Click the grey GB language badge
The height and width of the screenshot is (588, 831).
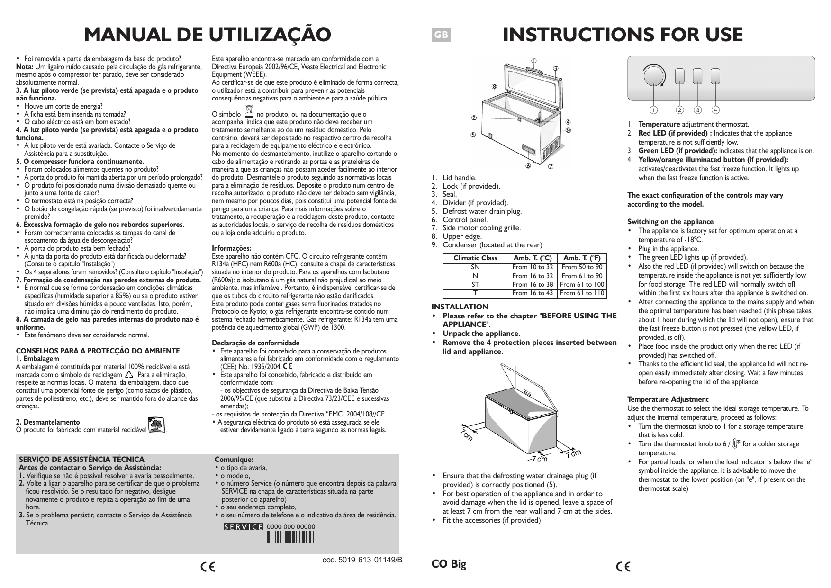[441, 35]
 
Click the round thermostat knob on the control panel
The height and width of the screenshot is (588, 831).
[655, 76]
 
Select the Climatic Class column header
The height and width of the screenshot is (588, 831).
[475, 258]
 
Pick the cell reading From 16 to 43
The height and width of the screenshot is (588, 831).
[533, 293]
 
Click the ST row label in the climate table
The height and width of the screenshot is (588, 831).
[475, 284]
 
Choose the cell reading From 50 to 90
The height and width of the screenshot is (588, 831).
[582, 267]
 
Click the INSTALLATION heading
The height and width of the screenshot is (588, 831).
[460, 307]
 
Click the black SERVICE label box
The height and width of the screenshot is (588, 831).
[244, 527]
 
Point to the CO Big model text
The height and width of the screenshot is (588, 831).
[449, 564]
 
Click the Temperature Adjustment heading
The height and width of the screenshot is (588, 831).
[668, 399]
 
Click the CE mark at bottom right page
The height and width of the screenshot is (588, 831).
[623, 567]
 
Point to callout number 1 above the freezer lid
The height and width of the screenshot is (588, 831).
[533, 61]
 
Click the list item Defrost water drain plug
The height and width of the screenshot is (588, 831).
[482, 211]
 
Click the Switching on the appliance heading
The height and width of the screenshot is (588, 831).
[670, 222]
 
